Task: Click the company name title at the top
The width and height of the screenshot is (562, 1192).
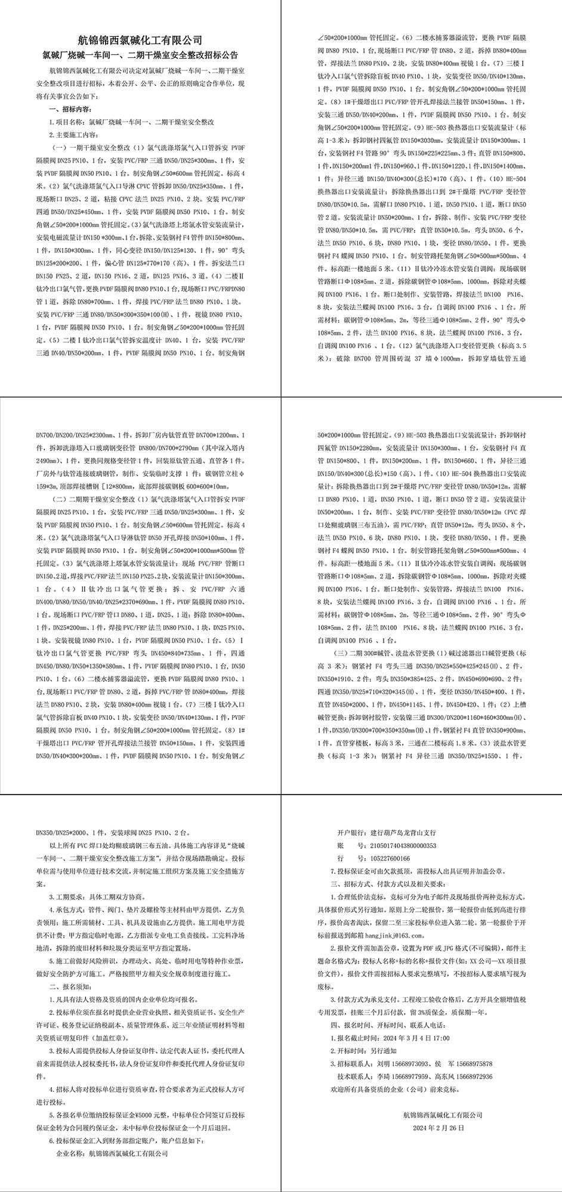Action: click(x=140, y=41)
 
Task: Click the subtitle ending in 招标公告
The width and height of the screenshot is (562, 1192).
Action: click(x=140, y=55)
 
